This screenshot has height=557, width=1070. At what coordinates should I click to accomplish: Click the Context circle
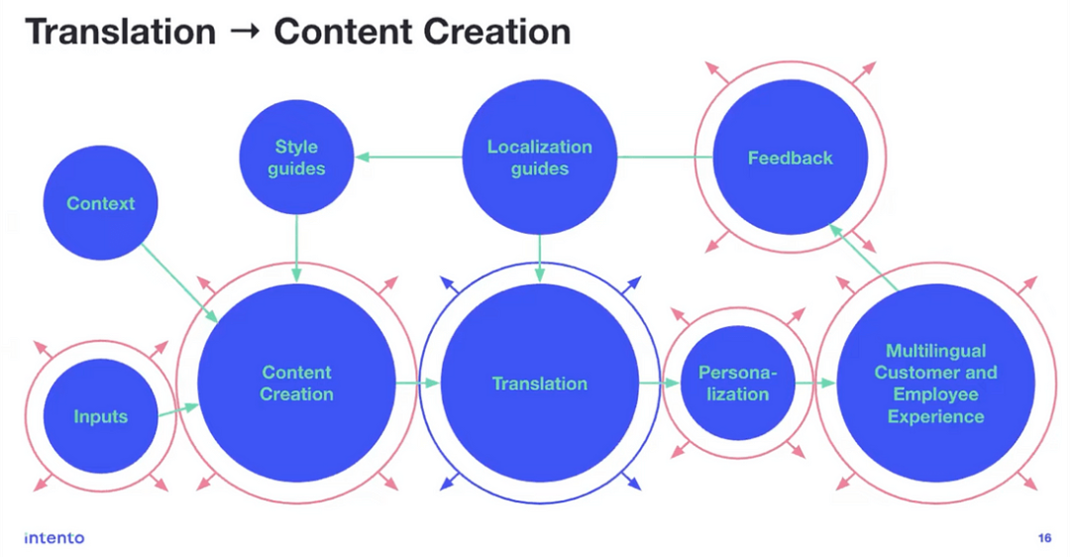point(101,204)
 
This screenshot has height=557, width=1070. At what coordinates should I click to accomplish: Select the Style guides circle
point(296,158)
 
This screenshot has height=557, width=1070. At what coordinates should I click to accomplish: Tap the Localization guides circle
point(540,158)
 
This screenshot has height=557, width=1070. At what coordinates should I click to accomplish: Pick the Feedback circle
point(790,158)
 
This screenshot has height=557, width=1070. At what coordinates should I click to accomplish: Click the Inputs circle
point(101,416)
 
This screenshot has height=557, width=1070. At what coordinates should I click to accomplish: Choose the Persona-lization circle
point(734,384)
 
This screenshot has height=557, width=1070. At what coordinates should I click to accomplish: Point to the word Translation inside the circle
point(540,384)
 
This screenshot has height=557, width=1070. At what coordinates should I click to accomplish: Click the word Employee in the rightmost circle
point(935,394)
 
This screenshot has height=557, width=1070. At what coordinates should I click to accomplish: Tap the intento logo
point(54,538)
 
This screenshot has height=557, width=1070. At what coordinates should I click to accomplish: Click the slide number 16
point(1044,538)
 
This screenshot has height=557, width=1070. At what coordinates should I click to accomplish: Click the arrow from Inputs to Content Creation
point(178,407)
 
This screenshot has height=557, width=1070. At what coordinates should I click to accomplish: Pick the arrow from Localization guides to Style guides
point(410,157)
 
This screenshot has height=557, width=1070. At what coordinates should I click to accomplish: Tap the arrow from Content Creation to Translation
point(416,383)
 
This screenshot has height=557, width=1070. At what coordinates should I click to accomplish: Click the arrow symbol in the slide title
point(245,33)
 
